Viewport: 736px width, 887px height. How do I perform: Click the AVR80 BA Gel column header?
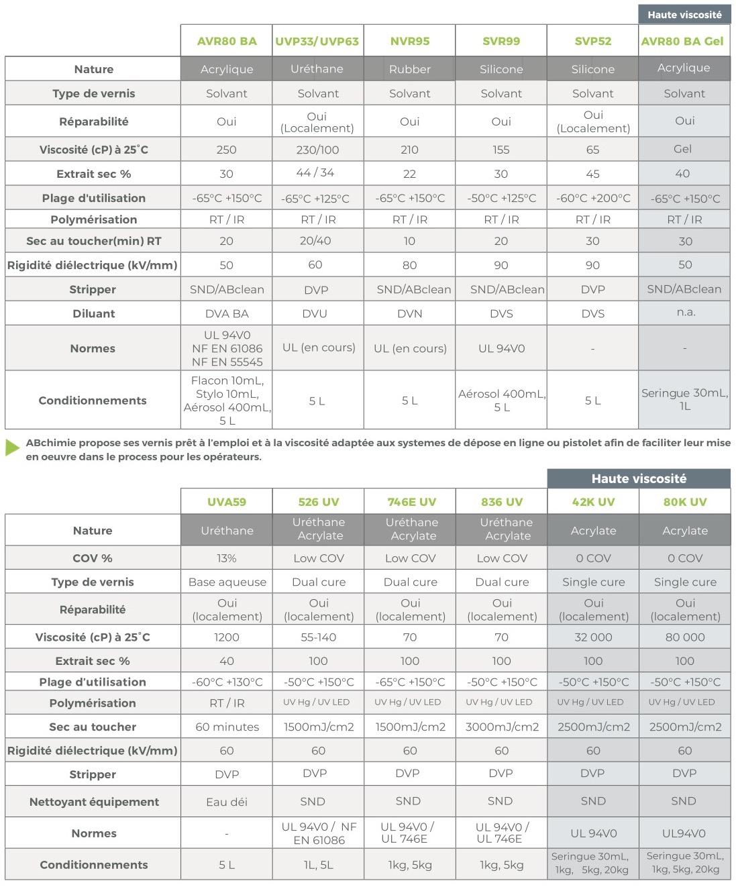(683, 41)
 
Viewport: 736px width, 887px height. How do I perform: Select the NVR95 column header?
(409, 41)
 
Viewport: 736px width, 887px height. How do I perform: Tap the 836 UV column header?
(501, 502)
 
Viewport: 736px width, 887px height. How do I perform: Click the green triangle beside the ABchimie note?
(12, 448)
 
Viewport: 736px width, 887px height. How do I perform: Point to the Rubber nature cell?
(409, 69)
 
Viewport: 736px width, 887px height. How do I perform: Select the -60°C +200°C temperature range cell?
(593, 198)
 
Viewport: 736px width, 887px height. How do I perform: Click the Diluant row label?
(93, 313)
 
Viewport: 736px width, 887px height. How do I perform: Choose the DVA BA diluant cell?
(227, 313)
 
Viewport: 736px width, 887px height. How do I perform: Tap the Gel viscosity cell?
(683, 149)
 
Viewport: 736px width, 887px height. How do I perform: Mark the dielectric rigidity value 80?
(409, 265)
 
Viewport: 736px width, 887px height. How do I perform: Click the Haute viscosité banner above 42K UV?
(639, 478)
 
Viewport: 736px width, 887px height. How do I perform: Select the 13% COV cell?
(227, 558)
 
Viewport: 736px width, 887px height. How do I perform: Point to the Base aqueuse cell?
(227, 582)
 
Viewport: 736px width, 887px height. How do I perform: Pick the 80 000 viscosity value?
(684, 637)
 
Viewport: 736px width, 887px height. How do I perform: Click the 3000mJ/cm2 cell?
(501, 727)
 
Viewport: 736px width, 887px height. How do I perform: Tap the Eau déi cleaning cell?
(227, 801)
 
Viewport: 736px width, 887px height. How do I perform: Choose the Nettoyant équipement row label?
(94, 802)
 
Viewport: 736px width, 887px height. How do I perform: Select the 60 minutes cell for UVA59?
(227, 727)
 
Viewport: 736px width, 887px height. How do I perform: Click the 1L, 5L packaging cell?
(318, 865)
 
